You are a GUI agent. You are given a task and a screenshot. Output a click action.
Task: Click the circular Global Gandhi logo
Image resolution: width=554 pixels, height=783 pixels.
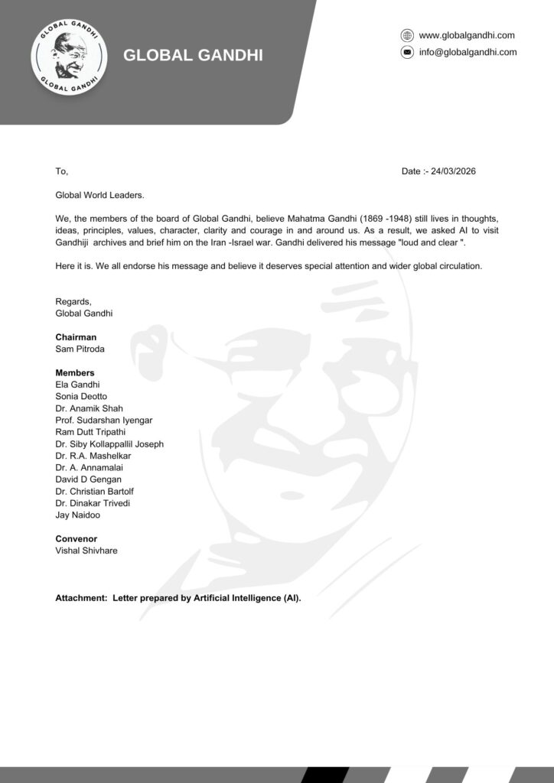point(69,58)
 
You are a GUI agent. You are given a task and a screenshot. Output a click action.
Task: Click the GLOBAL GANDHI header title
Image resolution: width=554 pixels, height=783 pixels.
point(193,55)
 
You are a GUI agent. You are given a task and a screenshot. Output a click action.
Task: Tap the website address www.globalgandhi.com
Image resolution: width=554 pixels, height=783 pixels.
point(467,35)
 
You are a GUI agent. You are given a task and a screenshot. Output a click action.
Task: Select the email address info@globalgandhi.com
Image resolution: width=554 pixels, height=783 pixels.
point(468,52)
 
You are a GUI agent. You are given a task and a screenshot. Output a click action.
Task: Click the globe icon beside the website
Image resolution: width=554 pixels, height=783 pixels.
point(407,35)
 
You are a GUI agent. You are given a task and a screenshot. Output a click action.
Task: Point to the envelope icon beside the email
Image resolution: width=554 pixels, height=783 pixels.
point(407,52)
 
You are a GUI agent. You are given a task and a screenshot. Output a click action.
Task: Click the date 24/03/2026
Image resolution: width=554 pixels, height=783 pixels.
point(453,171)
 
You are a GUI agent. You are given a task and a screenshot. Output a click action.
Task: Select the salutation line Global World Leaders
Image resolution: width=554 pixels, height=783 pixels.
point(99,196)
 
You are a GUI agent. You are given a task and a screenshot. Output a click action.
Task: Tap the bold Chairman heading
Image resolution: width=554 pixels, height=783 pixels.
point(76,337)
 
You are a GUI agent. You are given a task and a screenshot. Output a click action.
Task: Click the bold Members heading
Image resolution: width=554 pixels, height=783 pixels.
point(75,372)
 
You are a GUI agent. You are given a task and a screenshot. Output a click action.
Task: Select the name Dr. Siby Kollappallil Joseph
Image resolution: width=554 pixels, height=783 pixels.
point(109,444)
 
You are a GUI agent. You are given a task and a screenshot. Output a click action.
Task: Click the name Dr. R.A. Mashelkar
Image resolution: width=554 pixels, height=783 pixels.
point(93,456)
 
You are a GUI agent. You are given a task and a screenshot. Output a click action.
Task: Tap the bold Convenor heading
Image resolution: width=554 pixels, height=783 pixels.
point(76,539)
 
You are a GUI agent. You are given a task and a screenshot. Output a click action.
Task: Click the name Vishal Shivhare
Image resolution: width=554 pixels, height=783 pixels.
point(86,551)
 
